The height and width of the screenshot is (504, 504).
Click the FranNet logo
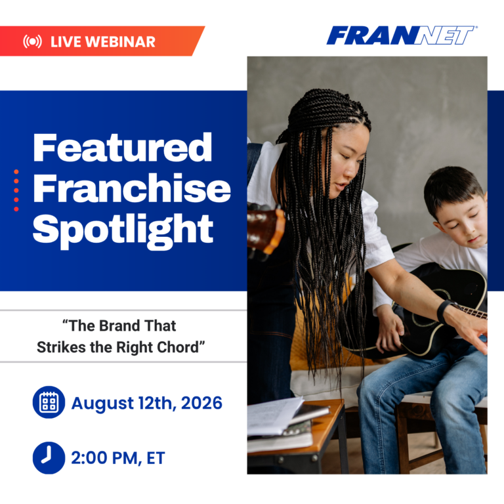click(401, 35)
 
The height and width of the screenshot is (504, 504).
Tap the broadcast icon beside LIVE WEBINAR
click(32, 42)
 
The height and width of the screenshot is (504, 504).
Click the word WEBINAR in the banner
click(121, 42)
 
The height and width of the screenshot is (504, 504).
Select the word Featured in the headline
click(123, 148)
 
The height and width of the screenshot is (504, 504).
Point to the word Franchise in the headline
click(132, 188)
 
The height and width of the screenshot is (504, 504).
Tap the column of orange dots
click(16, 190)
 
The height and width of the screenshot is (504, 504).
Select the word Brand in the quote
click(119, 326)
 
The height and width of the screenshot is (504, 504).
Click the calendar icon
click(49, 402)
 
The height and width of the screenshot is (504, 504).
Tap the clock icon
click(49, 457)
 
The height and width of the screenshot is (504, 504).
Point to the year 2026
click(201, 403)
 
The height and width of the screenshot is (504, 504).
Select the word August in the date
click(102, 404)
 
